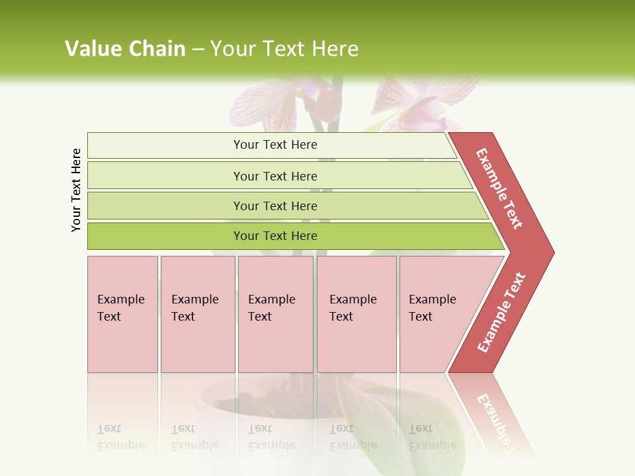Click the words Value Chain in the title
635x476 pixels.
[x=125, y=49]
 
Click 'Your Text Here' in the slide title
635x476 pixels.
[x=284, y=49]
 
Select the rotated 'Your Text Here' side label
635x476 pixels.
[x=76, y=190]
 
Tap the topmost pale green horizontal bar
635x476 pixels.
[x=275, y=145]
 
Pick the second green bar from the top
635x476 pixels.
[x=275, y=176]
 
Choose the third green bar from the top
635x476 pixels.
[x=275, y=206]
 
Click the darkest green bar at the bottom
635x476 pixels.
[x=275, y=236]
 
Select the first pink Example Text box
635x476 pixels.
[x=122, y=314]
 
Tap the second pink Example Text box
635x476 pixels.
[x=197, y=314]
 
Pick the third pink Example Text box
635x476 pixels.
[x=275, y=314]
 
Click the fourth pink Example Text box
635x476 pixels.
[x=357, y=314]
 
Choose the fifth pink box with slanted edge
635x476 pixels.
[x=437, y=314]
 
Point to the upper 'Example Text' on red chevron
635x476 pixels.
[x=499, y=188]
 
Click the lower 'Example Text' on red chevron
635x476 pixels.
[x=501, y=312]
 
